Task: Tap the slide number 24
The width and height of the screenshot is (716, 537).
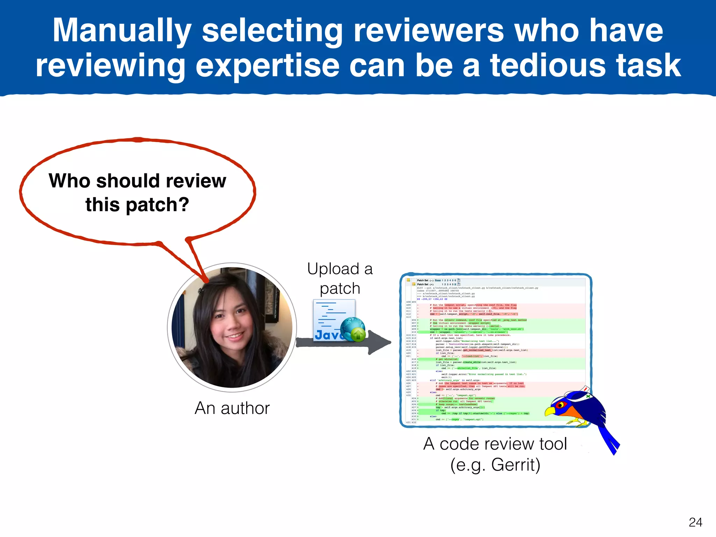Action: [x=695, y=522]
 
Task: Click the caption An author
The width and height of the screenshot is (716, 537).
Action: [x=232, y=408]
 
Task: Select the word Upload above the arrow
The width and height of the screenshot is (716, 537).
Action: [x=333, y=269]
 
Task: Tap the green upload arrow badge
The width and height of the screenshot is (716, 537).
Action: [x=358, y=335]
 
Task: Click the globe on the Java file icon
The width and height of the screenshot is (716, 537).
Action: [x=351, y=327]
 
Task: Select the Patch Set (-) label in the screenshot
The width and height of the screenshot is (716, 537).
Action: [x=425, y=280]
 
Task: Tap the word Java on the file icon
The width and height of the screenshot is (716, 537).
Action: [x=327, y=335]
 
